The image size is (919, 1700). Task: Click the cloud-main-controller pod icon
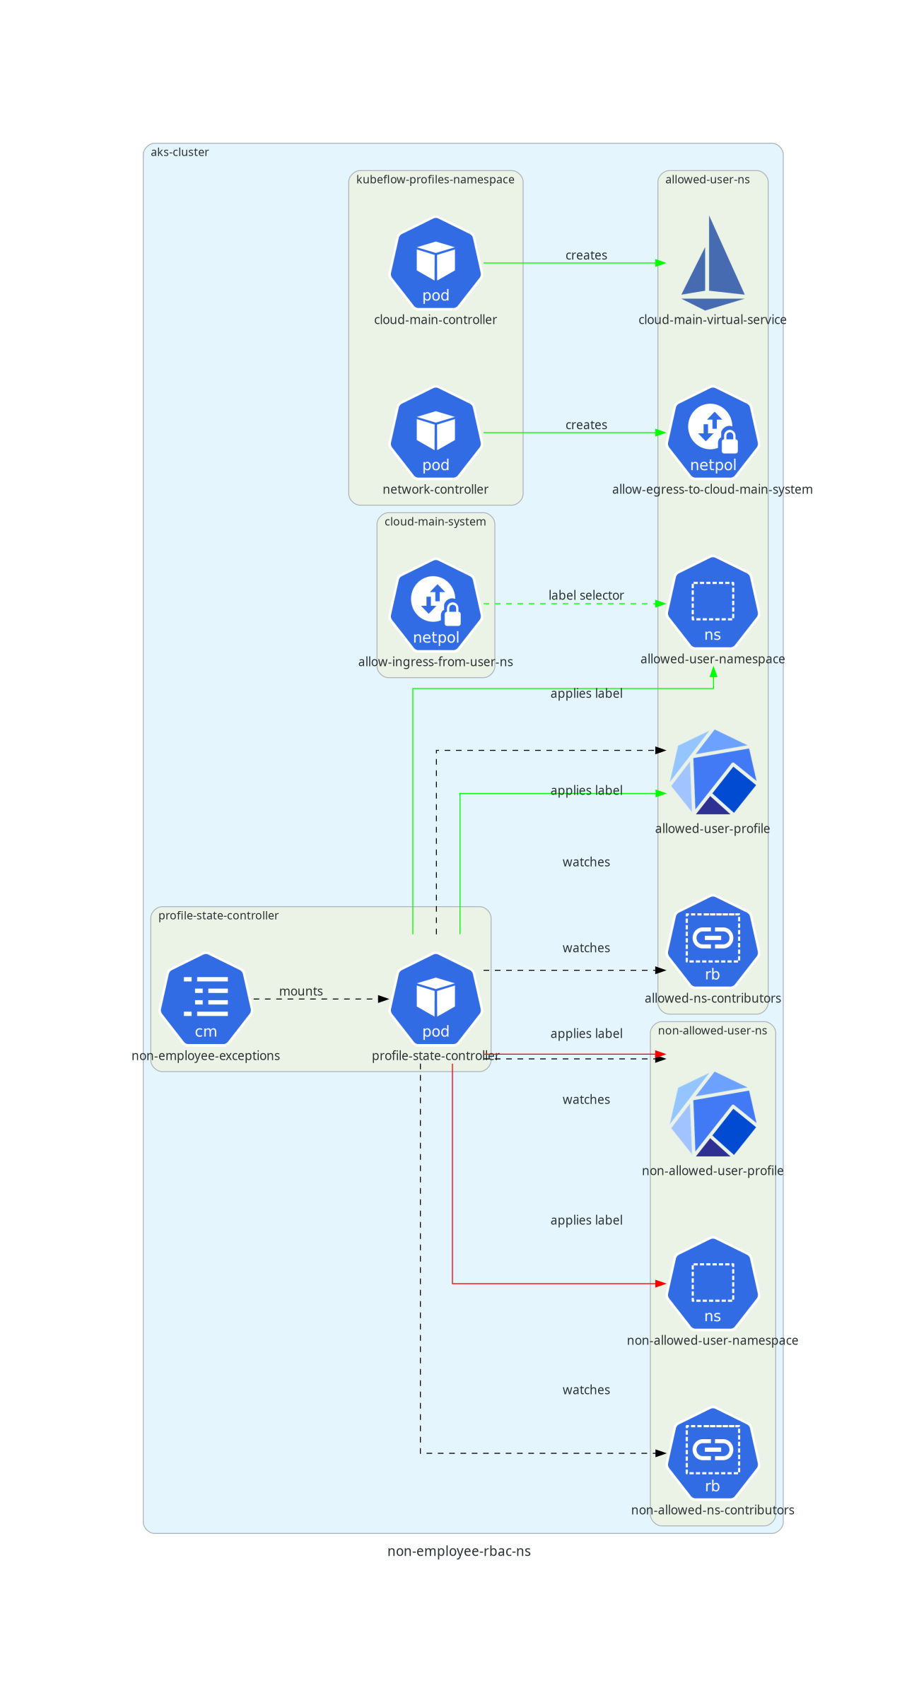click(435, 263)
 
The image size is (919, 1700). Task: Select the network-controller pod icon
click(435, 433)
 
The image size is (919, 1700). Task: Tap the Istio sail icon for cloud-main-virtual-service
click(713, 264)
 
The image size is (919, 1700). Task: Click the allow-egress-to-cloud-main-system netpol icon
click(713, 433)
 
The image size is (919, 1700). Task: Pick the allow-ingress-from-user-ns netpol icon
click(435, 605)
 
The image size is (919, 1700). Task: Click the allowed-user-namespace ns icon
click(713, 602)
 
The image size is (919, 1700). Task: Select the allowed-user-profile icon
click(713, 773)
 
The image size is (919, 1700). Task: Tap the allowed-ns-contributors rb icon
click(713, 942)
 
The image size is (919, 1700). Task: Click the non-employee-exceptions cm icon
click(206, 1000)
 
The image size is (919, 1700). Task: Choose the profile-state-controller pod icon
click(435, 1000)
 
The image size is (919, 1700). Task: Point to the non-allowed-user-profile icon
click(713, 1115)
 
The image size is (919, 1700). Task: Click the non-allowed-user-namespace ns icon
click(713, 1284)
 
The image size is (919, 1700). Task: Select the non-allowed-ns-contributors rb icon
click(713, 1454)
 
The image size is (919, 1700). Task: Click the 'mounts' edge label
click(300, 991)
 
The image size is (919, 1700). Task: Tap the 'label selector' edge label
click(586, 595)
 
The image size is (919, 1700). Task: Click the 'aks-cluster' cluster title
click(180, 152)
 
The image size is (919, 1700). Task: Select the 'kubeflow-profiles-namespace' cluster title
click(435, 180)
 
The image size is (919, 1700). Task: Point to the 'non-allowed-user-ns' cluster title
click(712, 1031)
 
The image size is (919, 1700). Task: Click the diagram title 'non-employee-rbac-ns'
click(459, 1551)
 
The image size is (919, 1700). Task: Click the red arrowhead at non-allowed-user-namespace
click(661, 1284)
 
